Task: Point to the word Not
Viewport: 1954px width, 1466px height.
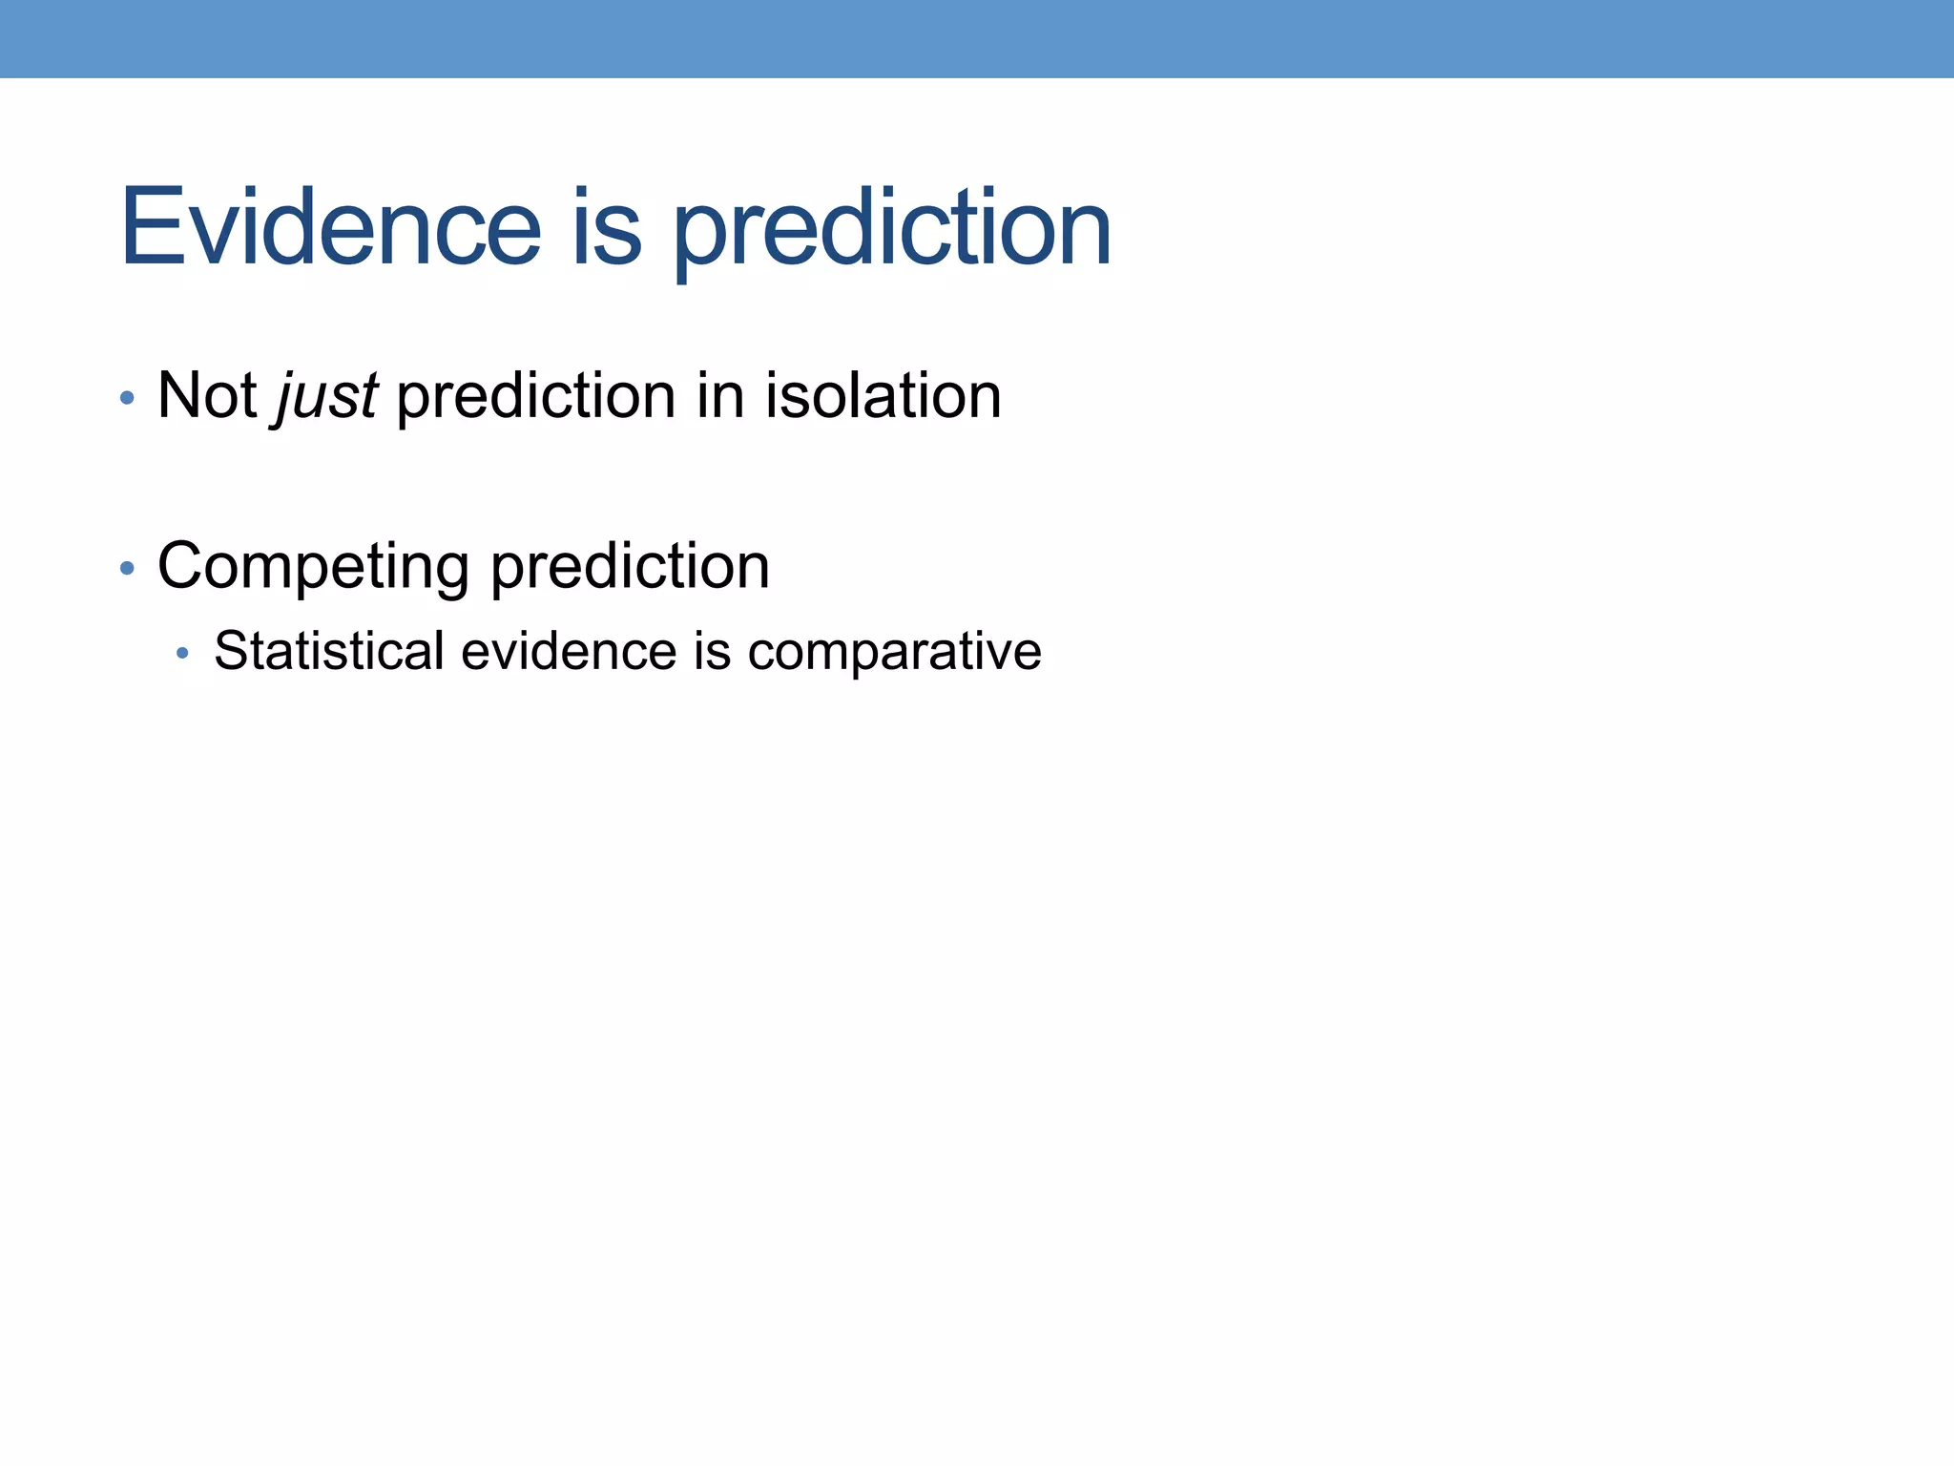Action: coord(207,395)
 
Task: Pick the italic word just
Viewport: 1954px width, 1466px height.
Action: coord(326,397)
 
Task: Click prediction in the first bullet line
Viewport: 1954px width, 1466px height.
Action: coord(535,397)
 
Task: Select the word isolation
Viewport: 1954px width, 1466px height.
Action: coord(883,395)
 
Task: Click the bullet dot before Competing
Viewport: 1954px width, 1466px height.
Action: coord(127,569)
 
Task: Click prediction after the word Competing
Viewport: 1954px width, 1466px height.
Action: coord(630,567)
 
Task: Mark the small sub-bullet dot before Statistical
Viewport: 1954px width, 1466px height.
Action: coord(182,654)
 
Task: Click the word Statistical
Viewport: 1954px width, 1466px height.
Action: coord(329,651)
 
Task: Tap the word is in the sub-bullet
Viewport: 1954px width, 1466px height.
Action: coord(712,651)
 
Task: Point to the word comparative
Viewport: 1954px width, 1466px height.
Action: coord(894,653)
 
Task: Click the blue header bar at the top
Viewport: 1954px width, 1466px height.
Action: coord(977,38)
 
